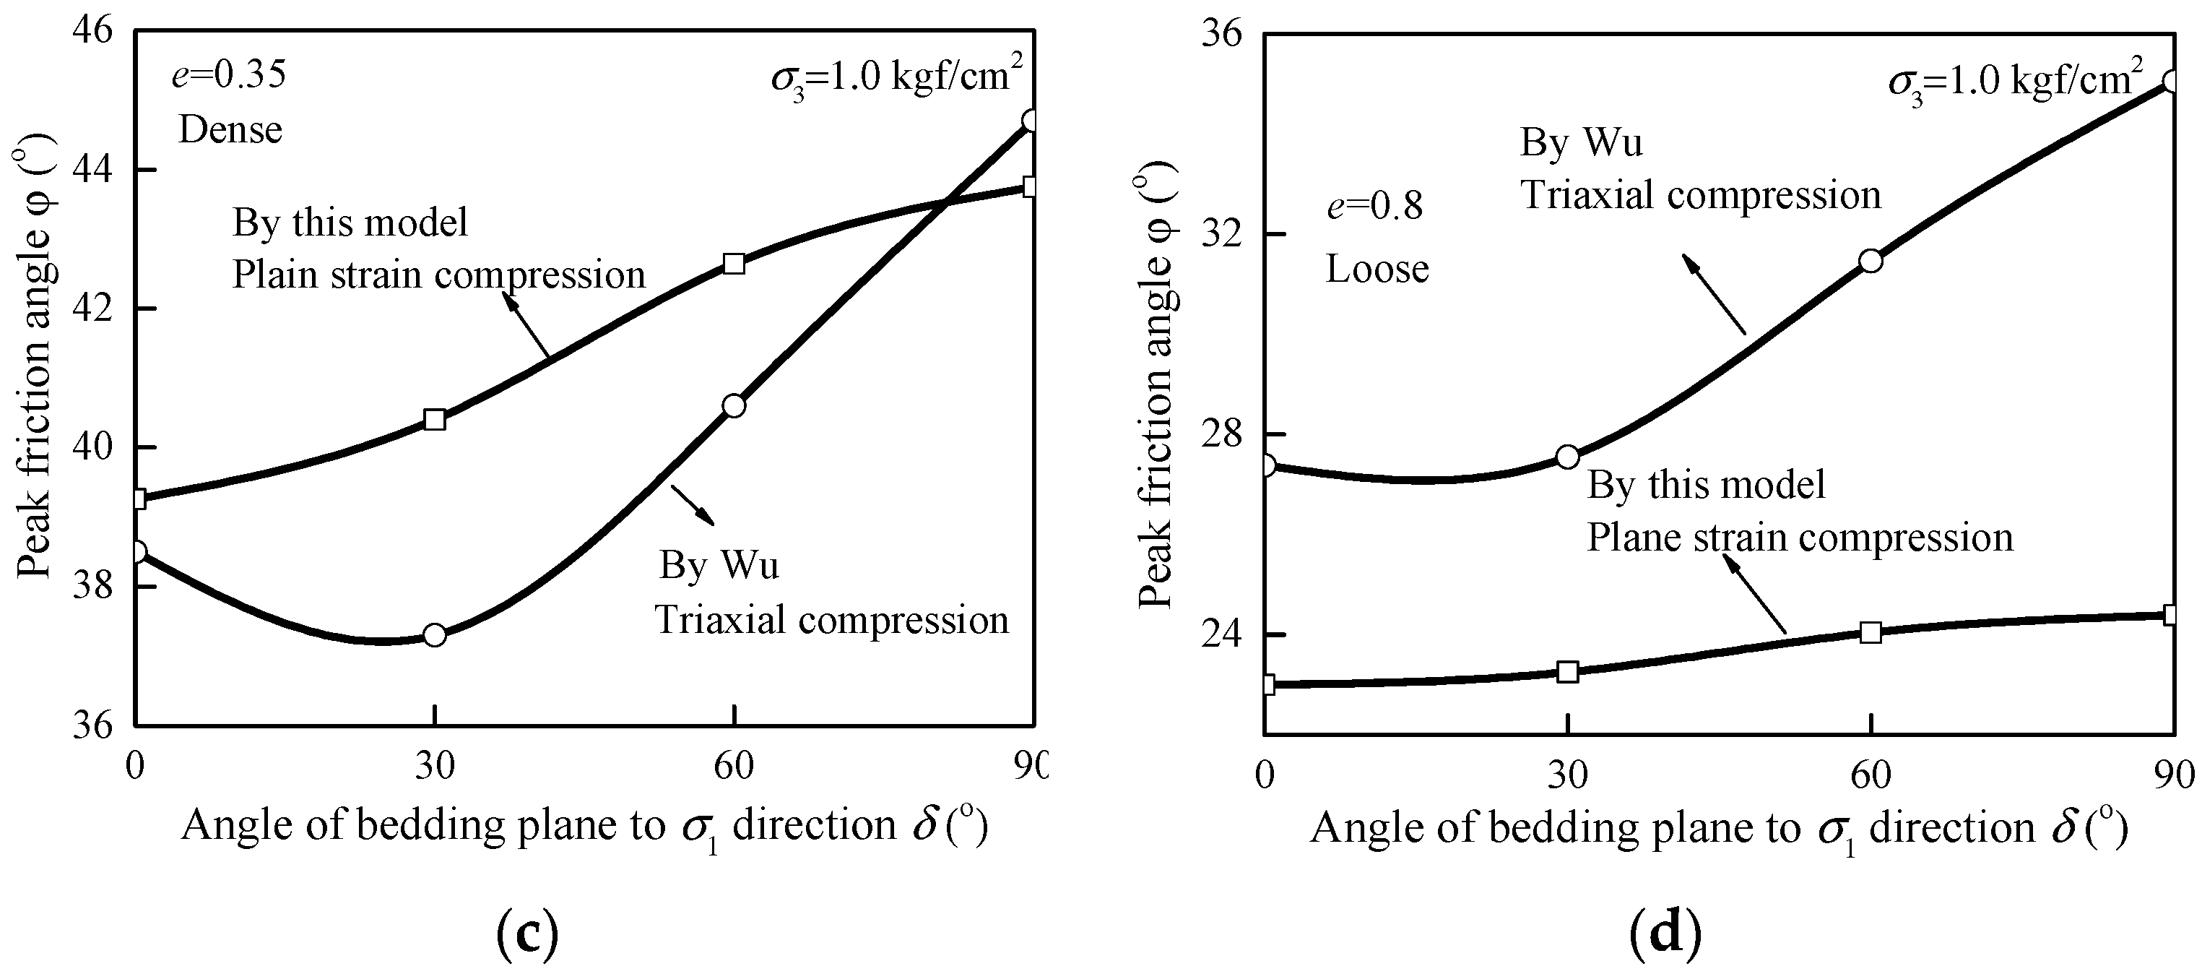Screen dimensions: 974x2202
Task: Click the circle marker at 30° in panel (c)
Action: (435, 634)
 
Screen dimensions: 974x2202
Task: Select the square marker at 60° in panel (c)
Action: (734, 264)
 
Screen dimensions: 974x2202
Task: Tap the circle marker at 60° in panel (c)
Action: (734, 405)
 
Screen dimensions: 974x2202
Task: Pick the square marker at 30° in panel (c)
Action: (435, 419)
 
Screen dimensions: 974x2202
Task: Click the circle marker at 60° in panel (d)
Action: (1871, 261)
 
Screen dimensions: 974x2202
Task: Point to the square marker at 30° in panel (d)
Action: (1568, 671)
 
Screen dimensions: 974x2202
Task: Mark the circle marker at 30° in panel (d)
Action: (1568, 457)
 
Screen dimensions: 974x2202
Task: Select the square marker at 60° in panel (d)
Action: (1871, 633)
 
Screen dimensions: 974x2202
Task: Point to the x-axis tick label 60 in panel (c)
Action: (734, 766)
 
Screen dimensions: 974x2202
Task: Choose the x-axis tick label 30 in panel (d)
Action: (1568, 775)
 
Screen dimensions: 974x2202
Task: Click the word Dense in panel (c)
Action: (230, 130)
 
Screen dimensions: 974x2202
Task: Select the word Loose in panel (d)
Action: (1377, 269)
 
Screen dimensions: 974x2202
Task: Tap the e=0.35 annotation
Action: (228, 75)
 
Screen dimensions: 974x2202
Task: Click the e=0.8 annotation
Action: (1374, 207)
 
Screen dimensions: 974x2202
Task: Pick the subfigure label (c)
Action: (526, 935)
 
